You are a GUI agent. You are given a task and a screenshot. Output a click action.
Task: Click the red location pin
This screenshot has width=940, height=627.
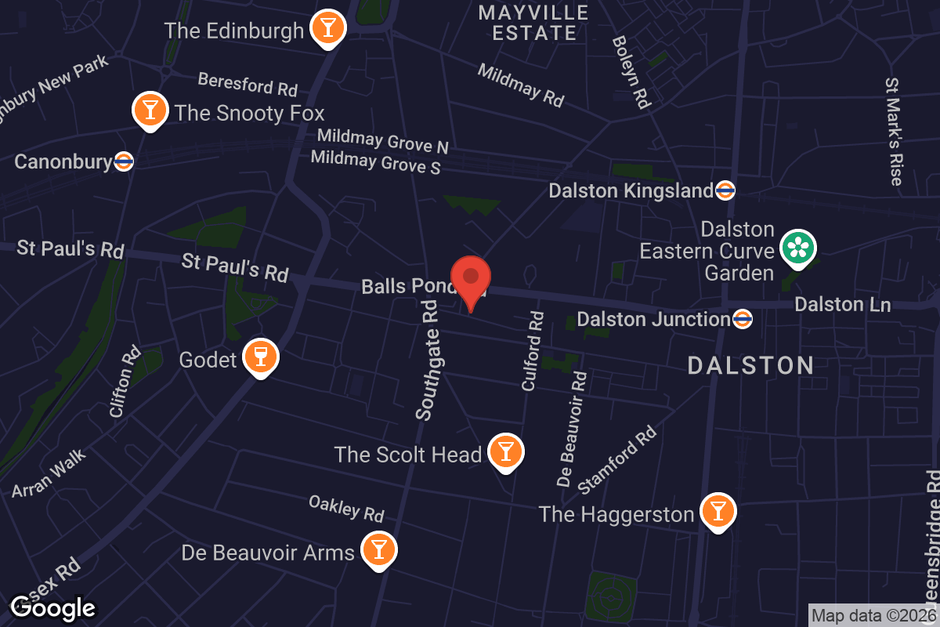[471, 279]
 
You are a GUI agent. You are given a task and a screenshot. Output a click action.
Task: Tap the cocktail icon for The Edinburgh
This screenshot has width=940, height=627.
[327, 28]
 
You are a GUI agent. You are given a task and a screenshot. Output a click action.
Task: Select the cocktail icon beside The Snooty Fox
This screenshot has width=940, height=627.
[149, 110]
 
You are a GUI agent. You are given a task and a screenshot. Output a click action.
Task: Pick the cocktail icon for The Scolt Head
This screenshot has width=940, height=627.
[505, 451]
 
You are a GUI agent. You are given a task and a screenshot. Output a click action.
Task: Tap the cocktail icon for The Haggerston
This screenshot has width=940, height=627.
[717, 511]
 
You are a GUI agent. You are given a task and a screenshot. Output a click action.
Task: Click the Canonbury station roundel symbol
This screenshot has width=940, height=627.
[124, 161]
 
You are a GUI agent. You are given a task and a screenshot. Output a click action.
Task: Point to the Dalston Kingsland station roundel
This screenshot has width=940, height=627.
[725, 190]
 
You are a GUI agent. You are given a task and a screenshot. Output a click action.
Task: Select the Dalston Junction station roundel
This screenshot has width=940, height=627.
[743, 319]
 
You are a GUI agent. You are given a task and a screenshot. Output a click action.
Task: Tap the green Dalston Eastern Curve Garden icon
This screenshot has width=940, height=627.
[798, 248]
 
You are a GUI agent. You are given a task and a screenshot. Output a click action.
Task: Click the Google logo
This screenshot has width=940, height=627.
[52, 607]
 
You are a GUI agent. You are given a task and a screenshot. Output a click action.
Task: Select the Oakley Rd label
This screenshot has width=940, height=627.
[346, 508]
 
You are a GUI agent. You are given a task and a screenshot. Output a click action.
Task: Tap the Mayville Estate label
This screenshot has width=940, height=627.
[533, 22]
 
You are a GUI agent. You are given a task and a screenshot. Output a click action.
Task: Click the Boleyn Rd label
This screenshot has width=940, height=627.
[631, 71]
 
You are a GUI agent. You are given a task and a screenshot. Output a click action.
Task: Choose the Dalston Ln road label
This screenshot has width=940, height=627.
[842, 304]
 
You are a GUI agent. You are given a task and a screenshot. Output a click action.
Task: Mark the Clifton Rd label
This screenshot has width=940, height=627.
[125, 381]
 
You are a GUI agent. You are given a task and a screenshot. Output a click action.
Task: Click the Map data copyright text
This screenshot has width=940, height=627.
[873, 615]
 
